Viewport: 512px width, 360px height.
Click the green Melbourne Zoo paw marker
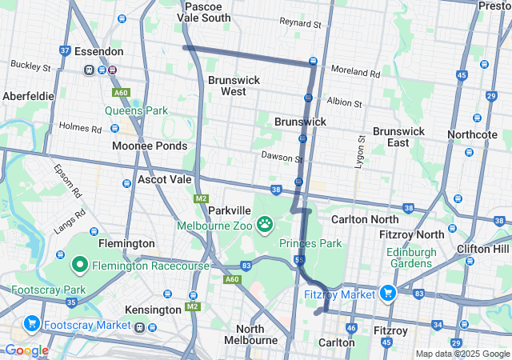tap(264, 222)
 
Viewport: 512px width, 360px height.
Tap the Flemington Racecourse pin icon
tap(80, 264)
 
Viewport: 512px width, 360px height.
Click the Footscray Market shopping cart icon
tap(32, 324)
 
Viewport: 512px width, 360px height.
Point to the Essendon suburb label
tap(98, 51)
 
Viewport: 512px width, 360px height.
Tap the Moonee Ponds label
tap(150, 146)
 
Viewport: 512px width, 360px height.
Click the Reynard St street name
tap(300, 24)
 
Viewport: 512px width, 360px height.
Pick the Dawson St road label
tap(281, 158)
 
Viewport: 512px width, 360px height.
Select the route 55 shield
tap(300, 260)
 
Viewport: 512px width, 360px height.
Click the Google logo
tap(26, 350)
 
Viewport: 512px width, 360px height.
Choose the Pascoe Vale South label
tap(207, 11)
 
